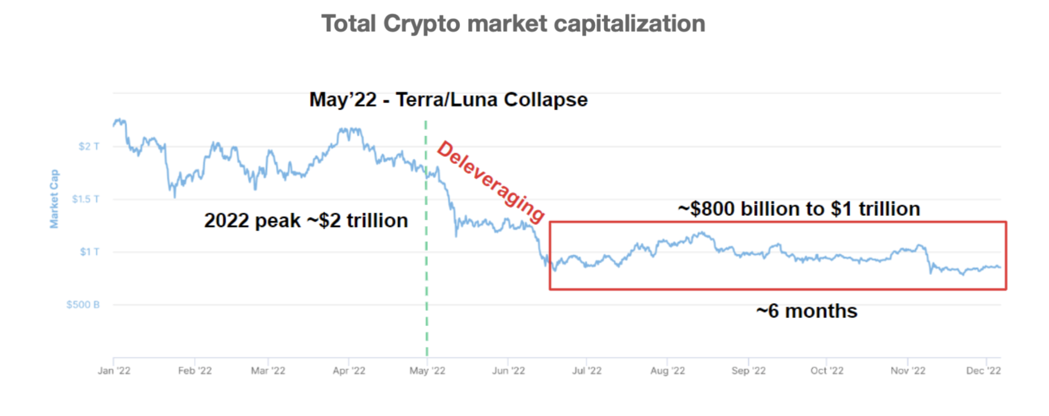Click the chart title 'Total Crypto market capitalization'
pos(513,24)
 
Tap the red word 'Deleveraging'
pos(490,181)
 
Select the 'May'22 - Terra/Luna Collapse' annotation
pos(448,100)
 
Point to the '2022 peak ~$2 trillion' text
pos(306,221)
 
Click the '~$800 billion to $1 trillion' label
pos(799,209)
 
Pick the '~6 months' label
pos(807,311)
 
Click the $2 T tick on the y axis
pos(89,146)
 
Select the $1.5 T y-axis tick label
pos(86,199)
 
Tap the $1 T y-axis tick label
pos(89,252)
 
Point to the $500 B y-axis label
pos(83,305)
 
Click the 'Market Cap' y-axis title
pos(54,199)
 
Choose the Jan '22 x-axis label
pos(114,371)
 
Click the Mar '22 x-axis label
pos(268,371)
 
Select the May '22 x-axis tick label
pos(427,371)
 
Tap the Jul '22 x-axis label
pos(587,371)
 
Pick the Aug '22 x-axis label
pos(668,371)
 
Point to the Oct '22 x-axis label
pos(827,371)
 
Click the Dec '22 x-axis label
pos(984,371)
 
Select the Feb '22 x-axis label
pos(195,371)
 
